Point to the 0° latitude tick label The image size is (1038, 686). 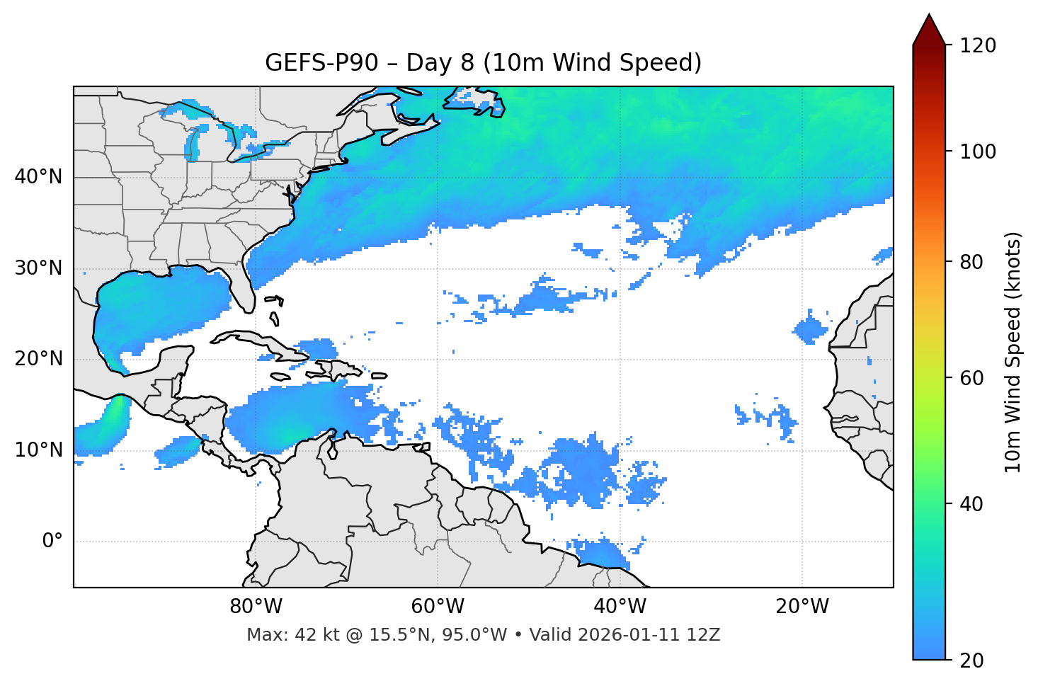click(x=52, y=542)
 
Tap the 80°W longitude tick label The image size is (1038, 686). click(x=256, y=607)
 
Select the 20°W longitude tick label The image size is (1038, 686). click(x=802, y=607)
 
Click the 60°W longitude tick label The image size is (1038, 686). click(x=437, y=607)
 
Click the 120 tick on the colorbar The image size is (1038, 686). click(x=978, y=46)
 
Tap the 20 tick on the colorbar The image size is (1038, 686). click(x=971, y=661)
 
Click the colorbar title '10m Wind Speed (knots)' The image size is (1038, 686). click(x=1013, y=353)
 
